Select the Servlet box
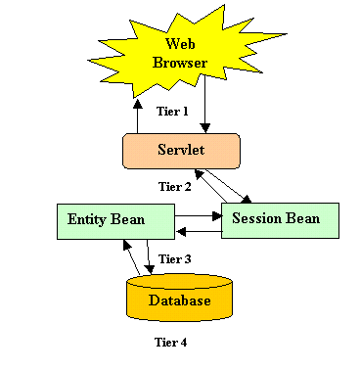coord(181,151)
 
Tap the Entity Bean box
coord(115,222)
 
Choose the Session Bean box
coord(280,220)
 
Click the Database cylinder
coord(179,298)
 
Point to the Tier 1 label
coord(172,112)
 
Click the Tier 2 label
coord(175,187)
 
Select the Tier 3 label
coord(175,259)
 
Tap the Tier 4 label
coord(170,343)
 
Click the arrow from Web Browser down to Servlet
coord(205,104)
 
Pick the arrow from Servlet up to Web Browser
coord(138,116)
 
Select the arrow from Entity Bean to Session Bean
coord(199,216)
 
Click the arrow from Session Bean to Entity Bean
coord(199,232)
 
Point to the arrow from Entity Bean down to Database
coord(149,256)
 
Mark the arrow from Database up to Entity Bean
coord(131,257)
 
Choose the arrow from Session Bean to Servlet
coord(210,186)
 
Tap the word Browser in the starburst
coord(180,63)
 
